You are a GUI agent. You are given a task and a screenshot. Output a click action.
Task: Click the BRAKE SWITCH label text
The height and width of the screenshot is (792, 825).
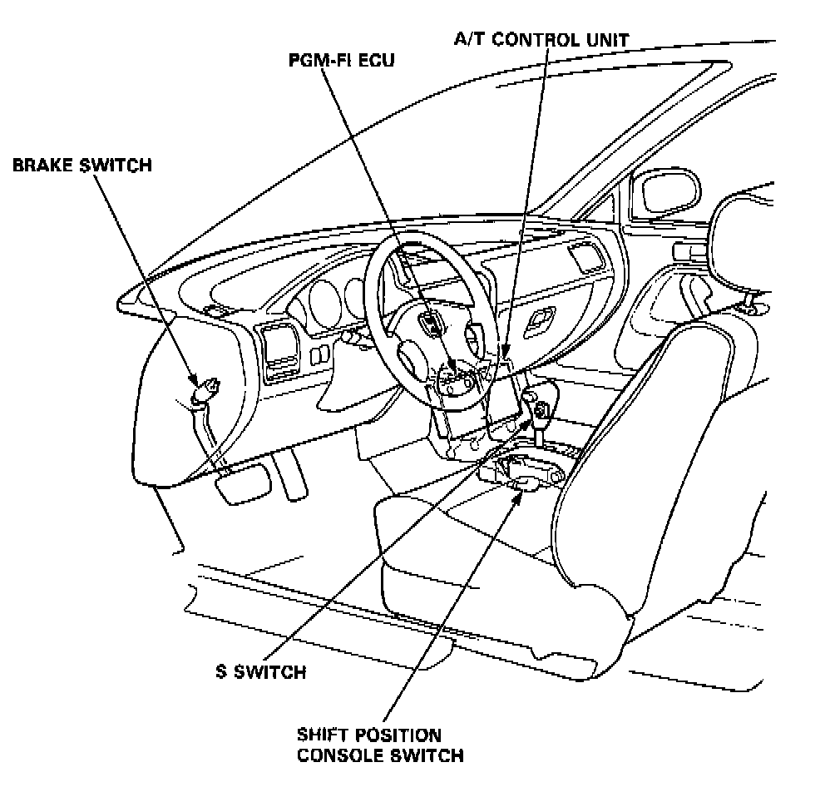tap(82, 165)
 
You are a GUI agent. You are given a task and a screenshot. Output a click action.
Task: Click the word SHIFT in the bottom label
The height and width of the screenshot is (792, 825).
tap(323, 735)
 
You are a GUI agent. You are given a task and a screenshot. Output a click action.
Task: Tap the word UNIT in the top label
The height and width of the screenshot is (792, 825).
tap(605, 38)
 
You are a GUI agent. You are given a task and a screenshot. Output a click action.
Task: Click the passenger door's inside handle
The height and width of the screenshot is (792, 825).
tap(692, 288)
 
